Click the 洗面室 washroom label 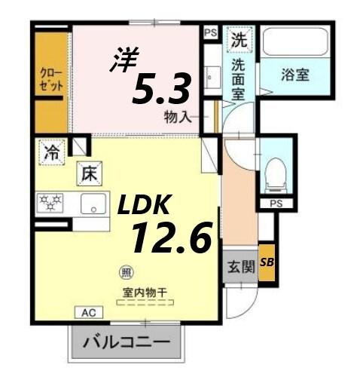click(x=239, y=77)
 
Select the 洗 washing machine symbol click(x=240, y=37)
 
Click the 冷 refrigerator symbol click(x=50, y=153)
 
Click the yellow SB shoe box click(x=267, y=262)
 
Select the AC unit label click(x=89, y=310)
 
